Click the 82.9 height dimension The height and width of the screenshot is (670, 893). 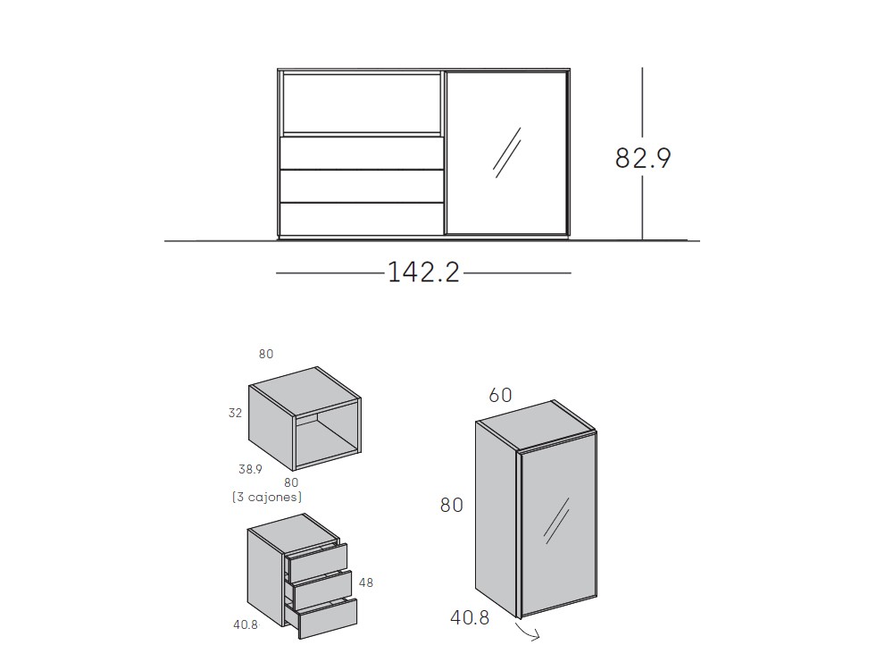point(643,158)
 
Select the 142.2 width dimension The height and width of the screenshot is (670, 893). point(423,272)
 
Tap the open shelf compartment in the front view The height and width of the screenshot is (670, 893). point(361,103)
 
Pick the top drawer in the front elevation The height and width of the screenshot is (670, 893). point(362,153)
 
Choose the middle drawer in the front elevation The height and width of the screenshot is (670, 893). point(362,187)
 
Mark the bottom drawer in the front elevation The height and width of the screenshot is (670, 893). point(362,220)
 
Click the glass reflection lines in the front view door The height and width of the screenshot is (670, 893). point(507,152)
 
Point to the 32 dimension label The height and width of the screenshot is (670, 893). point(235,413)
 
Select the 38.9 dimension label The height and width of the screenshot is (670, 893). point(250,470)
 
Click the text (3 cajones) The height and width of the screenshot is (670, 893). point(267,497)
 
